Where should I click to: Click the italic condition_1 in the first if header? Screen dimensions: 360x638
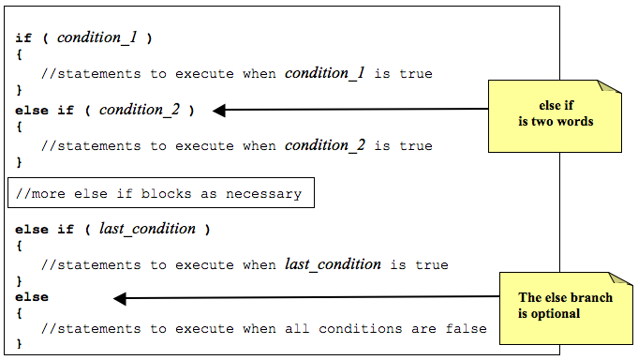pyautogui.click(x=97, y=38)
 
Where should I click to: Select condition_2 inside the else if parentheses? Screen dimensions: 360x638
pyautogui.click(x=139, y=110)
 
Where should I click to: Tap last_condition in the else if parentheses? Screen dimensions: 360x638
pyautogui.click(x=147, y=229)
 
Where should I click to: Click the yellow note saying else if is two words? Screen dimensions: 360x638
pyautogui.click(x=555, y=114)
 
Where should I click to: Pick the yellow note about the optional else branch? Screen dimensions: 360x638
pyautogui.click(x=566, y=305)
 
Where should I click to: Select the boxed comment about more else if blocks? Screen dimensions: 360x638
pyautogui.click(x=160, y=194)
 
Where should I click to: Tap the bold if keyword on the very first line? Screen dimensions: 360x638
pyautogui.click(x=23, y=38)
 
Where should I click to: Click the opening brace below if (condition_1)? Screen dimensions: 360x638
pyautogui.click(x=19, y=56)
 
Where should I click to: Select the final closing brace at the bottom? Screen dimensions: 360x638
pyautogui.click(x=19, y=345)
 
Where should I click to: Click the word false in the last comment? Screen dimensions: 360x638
pyautogui.click(x=467, y=328)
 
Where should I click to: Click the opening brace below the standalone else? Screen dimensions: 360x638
pyautogui.click(x=19, y=313)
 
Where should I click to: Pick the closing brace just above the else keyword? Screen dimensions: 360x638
pyautogui.click(x=19, y=281)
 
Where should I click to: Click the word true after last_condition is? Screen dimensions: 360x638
pyautogui.click(x=432, y=264)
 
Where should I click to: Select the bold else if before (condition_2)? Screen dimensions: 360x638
pyautogui.click(x=43, y=110)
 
